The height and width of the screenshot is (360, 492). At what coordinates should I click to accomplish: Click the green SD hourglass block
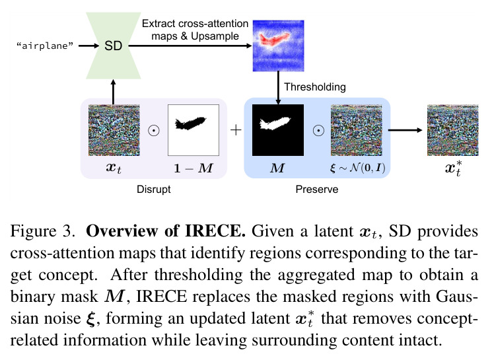point(114,46)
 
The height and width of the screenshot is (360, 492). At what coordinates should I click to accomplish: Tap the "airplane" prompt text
point(44,46)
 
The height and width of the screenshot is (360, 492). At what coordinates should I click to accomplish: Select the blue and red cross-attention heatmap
point(278,46)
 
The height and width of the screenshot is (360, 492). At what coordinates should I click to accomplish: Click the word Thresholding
point(315,87)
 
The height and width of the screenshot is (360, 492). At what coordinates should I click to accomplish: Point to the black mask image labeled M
point(278,130)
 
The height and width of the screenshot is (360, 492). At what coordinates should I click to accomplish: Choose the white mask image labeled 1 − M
point(193,130)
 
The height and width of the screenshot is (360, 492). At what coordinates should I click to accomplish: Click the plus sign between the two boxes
point(236,130)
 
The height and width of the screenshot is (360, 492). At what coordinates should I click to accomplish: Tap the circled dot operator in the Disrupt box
point(154,130)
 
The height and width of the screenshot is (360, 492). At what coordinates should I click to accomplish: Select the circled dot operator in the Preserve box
point(318,130)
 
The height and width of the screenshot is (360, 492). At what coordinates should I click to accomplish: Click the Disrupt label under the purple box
point(154,190)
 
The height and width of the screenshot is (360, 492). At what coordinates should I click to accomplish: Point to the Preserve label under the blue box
point(317,190)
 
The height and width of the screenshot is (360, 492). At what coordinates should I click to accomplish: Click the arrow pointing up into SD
point(114,92)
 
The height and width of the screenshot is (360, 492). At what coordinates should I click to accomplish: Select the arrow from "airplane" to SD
point(88,46)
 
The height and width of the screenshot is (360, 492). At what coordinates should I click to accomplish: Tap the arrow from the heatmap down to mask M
point(278,88)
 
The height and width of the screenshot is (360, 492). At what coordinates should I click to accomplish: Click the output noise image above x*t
point(453,130)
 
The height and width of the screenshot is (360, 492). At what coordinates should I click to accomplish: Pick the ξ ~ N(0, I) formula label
point(358,168)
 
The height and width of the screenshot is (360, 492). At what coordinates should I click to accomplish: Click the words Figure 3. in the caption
point(43,231)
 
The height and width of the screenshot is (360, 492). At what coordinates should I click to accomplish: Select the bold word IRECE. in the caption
point(215,231)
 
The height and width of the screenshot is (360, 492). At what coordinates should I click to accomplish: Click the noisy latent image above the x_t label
point(114,130)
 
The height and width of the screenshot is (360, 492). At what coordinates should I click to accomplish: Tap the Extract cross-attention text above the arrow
point(195,24)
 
